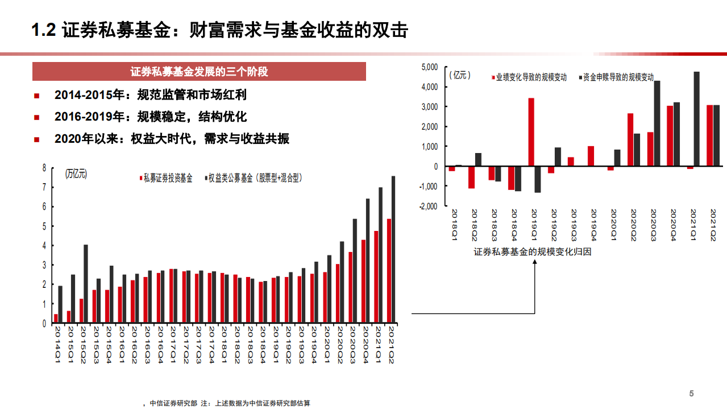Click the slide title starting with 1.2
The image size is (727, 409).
[x=219, y=31]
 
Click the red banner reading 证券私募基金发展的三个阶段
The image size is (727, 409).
[x=199, y=72]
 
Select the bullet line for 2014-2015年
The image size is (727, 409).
[x=150, y=95]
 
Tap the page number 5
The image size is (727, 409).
[x=691, y=394]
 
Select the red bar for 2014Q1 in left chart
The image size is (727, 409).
[x=56, y=318]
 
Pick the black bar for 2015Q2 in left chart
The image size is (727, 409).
[x=86, y=283]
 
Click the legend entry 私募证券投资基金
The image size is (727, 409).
[x=167, y=178]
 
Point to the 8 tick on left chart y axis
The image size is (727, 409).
[x=44, y=168]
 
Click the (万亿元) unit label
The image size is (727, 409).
[x=76, y=174]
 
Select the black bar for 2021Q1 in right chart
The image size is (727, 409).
[x=696, y=118]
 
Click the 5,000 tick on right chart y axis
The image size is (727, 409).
[x=429, y=67]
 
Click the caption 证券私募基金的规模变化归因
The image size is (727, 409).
[x=533, y=251]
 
